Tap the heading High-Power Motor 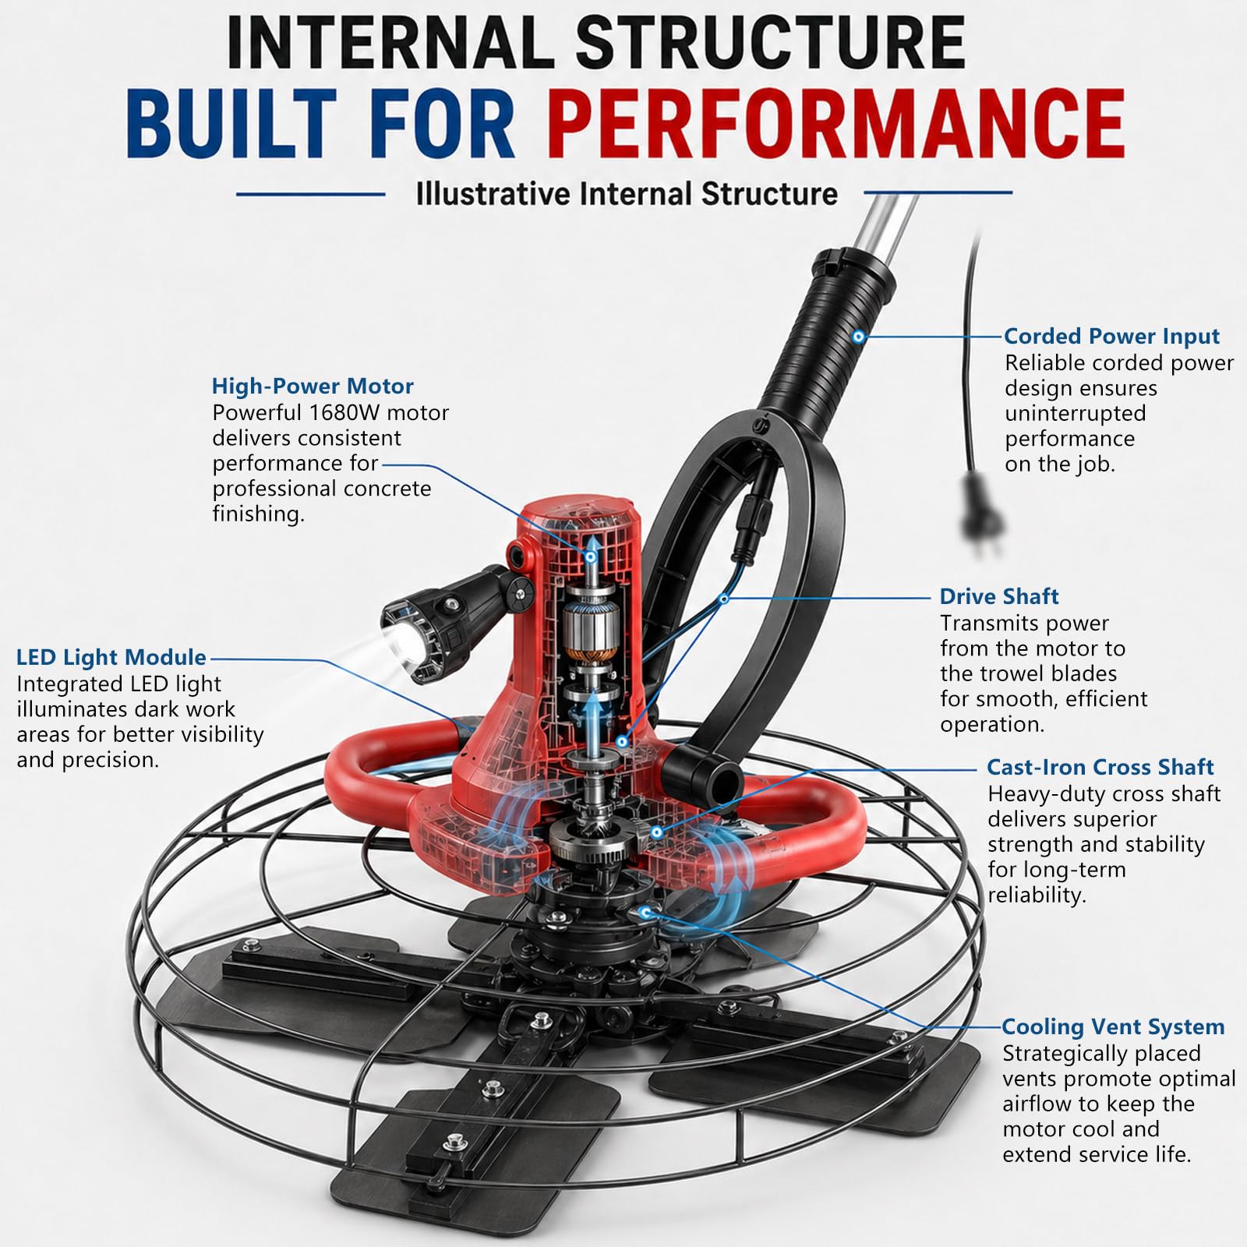click(313, 386)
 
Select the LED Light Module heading click(111, 657)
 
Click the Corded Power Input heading click(1111, 336)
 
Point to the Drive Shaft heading click(999, 596)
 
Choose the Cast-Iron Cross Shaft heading click(1100, 767)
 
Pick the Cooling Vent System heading click(1113, 1026)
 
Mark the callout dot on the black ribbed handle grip click(858, 337)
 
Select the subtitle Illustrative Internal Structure click(627, 194)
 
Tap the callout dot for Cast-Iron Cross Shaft click(656, 832)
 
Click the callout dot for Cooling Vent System click(644, 910)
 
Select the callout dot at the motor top click(591, 556)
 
